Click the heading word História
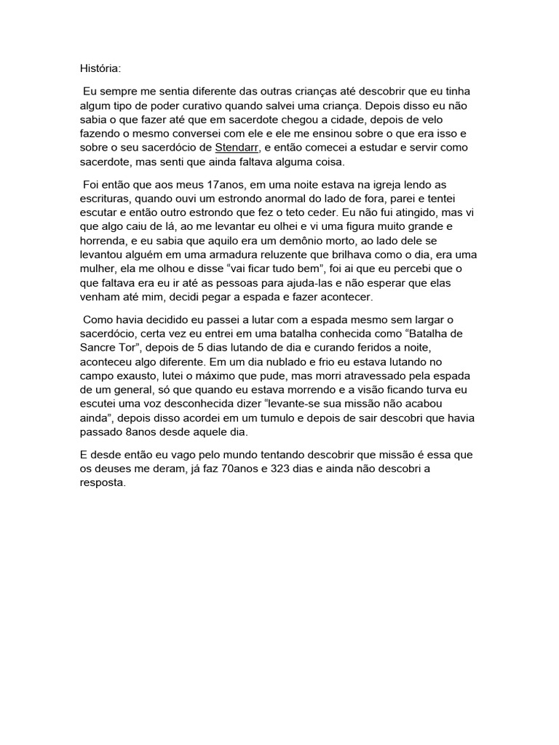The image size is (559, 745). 100,68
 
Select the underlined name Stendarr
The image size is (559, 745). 228,148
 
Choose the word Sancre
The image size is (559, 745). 100,347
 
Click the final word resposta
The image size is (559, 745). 103,482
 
